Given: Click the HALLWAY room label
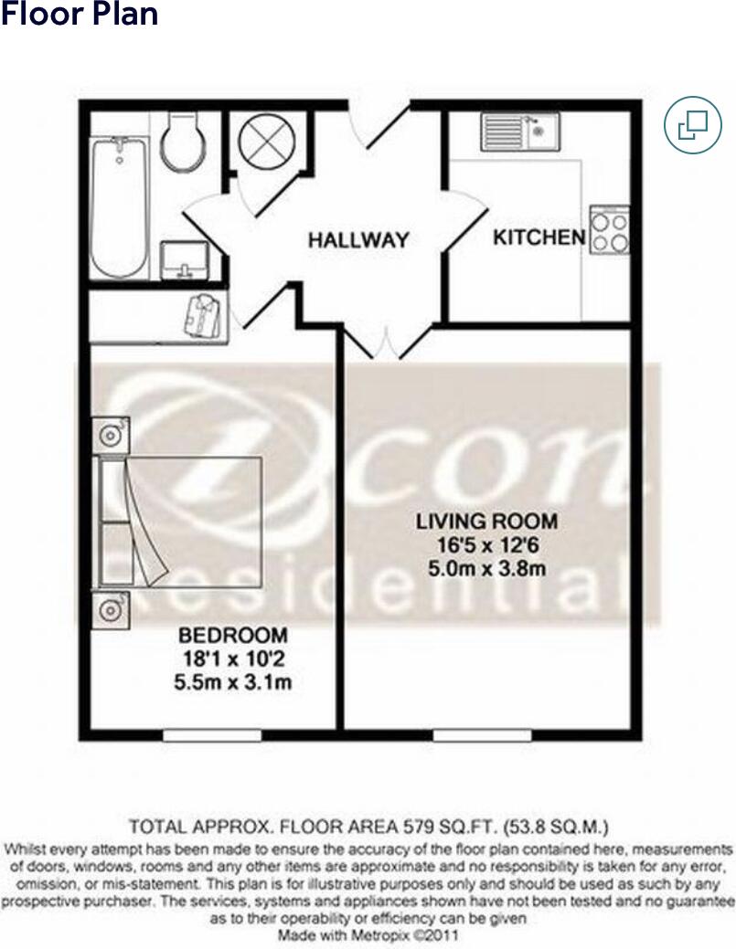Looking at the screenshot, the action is pos(358,240).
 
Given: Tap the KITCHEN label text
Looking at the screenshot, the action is pos(539,237).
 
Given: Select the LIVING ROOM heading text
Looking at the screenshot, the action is pos(486,522).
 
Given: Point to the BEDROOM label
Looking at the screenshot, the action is pos(233,636).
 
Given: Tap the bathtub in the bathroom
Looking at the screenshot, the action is pos(119,206).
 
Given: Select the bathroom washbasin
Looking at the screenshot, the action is pos(184,260).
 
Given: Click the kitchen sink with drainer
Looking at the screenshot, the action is pos(521,132).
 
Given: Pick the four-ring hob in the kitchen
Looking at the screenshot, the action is pos(610,230).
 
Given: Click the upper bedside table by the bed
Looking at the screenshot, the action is pos(111,434).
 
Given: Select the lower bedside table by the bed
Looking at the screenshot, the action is pos(111,610).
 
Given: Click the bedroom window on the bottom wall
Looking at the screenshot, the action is pos(212,735).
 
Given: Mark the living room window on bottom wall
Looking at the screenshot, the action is pos(482,735).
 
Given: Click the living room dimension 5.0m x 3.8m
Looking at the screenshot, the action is pos(487,569).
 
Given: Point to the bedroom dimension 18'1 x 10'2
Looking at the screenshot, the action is pos(233,659).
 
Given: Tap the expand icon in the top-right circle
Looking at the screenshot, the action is pos(693,125).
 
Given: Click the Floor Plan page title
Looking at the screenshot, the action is pos(80,14).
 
